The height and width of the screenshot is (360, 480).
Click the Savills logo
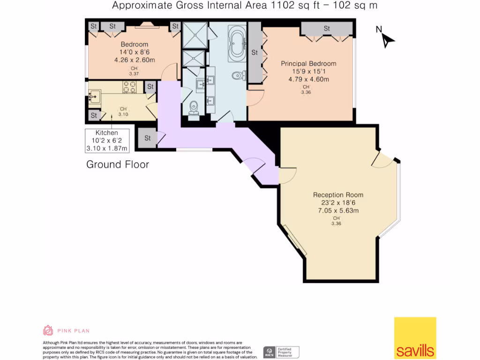[415, 338]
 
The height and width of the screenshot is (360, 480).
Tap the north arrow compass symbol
[387, 39]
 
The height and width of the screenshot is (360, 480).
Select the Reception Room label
[338, 195]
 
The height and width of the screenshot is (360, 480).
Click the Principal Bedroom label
[308, 64]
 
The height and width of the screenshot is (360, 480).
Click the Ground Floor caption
[118, 165]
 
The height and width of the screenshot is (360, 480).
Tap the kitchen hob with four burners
[129, 87]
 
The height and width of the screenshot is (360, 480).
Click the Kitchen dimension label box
[106, 141]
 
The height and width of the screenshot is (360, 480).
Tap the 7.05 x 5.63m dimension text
[338, 210]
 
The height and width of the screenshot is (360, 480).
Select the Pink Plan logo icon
[48, 330]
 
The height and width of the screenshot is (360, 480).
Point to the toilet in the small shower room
[194, 108]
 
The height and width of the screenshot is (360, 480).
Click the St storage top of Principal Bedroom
[327, 29]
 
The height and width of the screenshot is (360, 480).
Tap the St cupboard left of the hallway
[147, 138]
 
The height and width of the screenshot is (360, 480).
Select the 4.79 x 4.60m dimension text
[308, 79]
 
